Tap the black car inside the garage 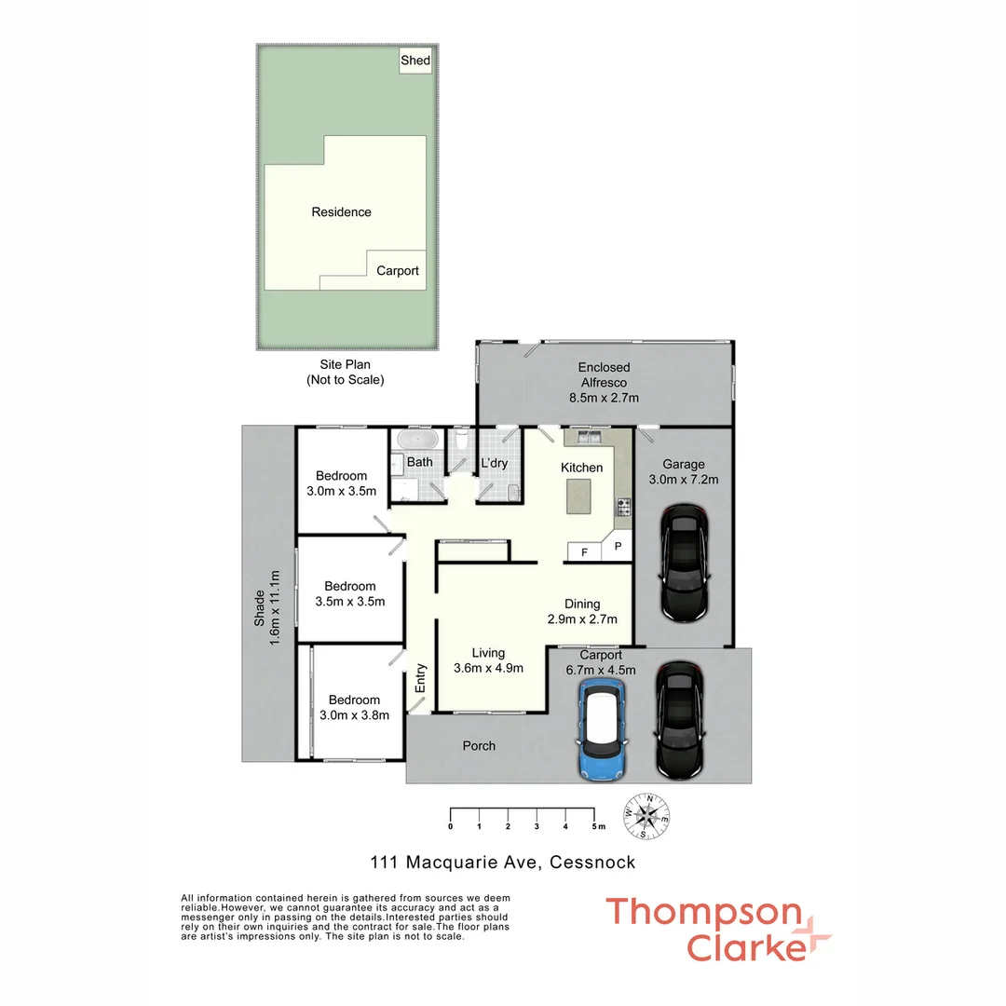[685, 563]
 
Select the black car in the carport [679, 719]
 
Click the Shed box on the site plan [415, 61]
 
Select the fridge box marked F [584, 551]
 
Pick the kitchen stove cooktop [623, 508]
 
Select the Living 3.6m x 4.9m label [487, 660]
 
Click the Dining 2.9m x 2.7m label [582, 611]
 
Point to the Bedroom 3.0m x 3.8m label [353, 707]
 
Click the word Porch [479, 746]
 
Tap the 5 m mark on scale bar [595, 826]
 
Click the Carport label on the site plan [398, 271]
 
